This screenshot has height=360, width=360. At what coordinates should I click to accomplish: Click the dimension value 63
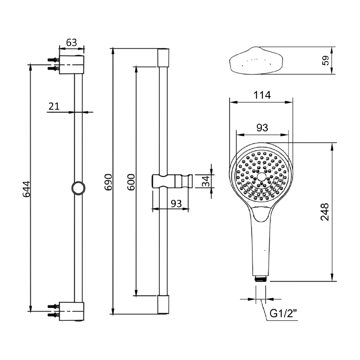71,43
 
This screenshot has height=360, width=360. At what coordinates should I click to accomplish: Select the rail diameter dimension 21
54,106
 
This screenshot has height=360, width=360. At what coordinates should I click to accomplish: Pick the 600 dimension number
131,182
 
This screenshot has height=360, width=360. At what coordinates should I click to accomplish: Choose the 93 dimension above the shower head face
262,128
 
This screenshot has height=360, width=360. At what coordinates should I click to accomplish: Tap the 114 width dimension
261,95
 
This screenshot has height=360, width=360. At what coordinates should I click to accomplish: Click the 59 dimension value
326,60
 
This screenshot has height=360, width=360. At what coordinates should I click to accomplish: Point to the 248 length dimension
325,212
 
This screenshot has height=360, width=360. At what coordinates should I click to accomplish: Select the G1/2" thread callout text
283,314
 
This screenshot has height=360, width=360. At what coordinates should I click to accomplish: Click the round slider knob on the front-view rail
78,188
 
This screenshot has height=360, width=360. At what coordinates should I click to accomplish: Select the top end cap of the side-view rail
163,58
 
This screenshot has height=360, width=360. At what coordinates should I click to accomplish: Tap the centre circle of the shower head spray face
261,177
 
